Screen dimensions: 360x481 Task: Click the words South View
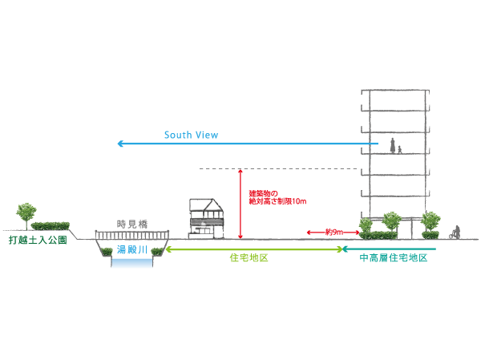pyautogui.click(x=191, y=135)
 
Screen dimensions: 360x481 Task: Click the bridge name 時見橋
pyautogui.click(x=131, y=224)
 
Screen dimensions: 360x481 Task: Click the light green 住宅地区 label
pyautogui.click(x=248, y=260)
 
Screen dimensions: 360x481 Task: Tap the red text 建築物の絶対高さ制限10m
pyautogui.click(x=277, y=197)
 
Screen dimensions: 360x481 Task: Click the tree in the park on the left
pyautogui.click(x=25, y=213)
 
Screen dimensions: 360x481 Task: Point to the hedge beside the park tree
pyautogui.click(x=51, y=226)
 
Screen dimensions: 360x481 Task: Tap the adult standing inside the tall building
pyautogui.click(x=393, y=146)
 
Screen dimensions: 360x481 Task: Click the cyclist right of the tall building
pyautogui.click(x=455, y=233)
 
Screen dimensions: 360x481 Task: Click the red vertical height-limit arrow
pyautogui.click(x=240, y=204)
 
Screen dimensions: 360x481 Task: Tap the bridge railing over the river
pyautogui.click(x=131, y=234)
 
